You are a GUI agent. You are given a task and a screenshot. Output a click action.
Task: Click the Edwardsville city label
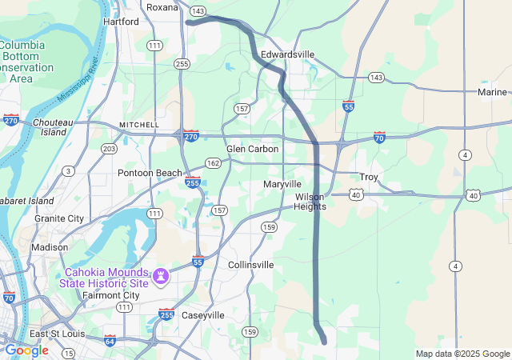pos(288,54)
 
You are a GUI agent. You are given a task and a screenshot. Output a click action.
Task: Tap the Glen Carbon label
pos(252,149)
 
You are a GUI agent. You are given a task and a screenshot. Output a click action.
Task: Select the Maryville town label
pos(282,184)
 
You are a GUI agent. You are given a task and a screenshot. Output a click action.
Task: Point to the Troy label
pos(369,177)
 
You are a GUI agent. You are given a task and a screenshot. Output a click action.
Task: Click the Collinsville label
pos(250,264)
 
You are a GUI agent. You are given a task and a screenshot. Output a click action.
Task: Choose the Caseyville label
pos(204,315)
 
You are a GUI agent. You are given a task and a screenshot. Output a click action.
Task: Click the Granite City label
pos(58,218)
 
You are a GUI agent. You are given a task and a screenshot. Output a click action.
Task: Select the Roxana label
pos(162,7)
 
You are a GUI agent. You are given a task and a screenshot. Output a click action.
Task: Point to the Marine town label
pos(492,92)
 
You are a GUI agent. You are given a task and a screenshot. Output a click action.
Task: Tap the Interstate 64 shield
pos(110,340)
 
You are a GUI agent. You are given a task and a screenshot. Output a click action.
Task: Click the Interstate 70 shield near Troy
pos(379,138)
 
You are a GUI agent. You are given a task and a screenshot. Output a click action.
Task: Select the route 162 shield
pos(213,162)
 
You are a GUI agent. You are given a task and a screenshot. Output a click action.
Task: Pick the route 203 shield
pos(109,149)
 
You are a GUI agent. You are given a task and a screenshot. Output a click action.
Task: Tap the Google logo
pos(26,350)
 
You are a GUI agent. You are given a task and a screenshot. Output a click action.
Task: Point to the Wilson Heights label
pos(310,202)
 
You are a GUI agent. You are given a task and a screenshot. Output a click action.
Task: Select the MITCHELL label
pos(139,126)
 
